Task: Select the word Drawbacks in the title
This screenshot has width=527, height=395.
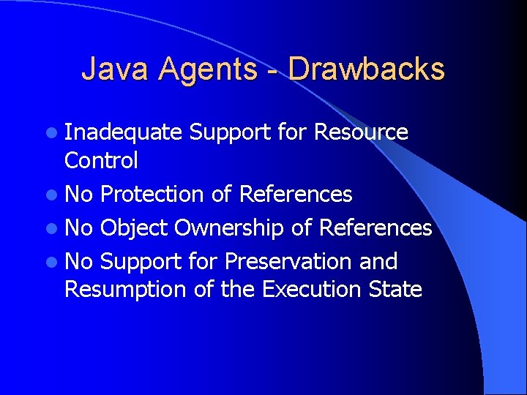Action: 367,69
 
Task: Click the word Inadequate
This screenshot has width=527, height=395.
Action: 123,132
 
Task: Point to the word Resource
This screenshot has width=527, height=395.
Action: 361,132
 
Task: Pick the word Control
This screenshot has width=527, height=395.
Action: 101,160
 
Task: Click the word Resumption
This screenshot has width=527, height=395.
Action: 126,289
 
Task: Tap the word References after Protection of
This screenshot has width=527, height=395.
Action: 296,195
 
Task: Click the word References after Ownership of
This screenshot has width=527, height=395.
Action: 375,228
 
